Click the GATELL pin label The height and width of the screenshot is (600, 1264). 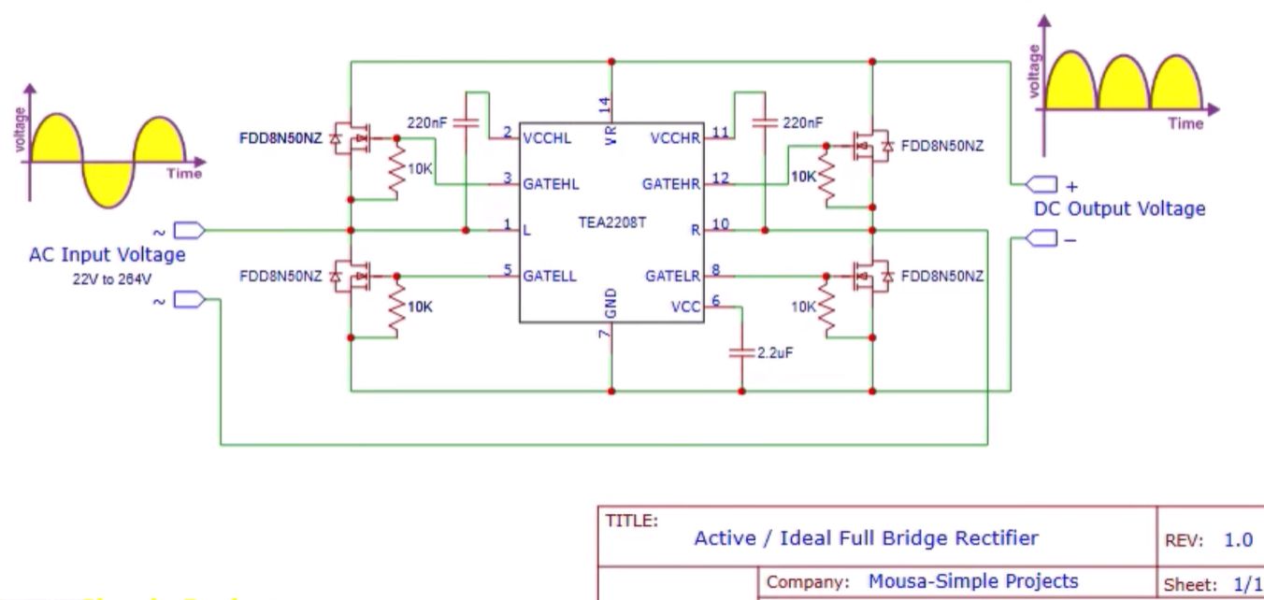click(x=550, y=276)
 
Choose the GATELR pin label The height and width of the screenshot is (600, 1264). click(x=672, y=276)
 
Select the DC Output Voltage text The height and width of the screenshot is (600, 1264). click(x=1119, y=208)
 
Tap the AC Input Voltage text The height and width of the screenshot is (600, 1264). click(x=107, y=254)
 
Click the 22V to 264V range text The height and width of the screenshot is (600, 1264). click(x=107, y=278)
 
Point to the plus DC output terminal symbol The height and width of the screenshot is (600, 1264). click(x=1042, y=182)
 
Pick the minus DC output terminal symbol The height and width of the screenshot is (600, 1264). click(x=1042, y=239)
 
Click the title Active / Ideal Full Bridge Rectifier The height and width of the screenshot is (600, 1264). click(x=866, y=537)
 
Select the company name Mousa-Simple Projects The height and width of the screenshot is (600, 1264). click(x=973, y=581)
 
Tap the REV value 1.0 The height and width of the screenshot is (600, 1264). click(x=1238, y=540)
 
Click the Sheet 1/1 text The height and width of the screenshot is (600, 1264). click(x=1215, y=583)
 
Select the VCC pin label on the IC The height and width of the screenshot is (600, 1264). click(x=685, y=306)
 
